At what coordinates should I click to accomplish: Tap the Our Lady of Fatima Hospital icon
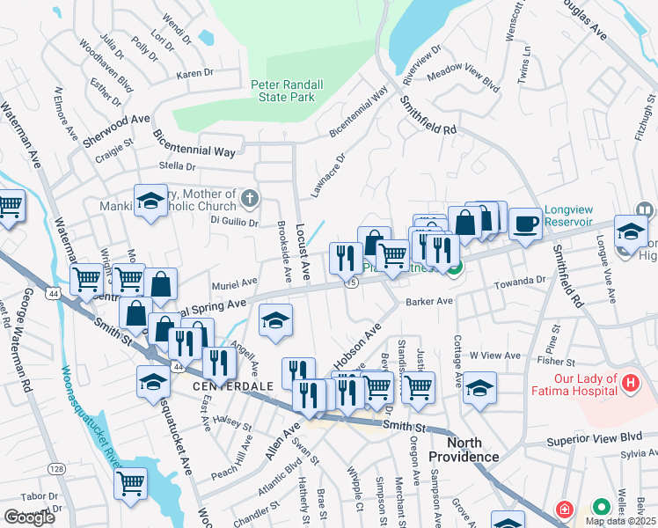(x=630, y=383)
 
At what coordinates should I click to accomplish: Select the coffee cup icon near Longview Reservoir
(x=525, y=224)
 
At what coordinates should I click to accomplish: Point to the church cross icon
(x=251, y=198)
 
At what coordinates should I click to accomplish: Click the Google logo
(x=28, y=517)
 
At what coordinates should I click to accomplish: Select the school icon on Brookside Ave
(x=276, y=321)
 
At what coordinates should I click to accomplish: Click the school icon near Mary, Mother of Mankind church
(x=150, y=202)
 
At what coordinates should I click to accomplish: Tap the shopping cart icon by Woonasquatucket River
(x=130, y=482)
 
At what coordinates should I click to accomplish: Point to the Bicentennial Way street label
(x=194, y=144)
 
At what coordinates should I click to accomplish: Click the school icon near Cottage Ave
(x=479, y=387)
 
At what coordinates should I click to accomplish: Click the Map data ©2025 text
(x=620, y=520)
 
